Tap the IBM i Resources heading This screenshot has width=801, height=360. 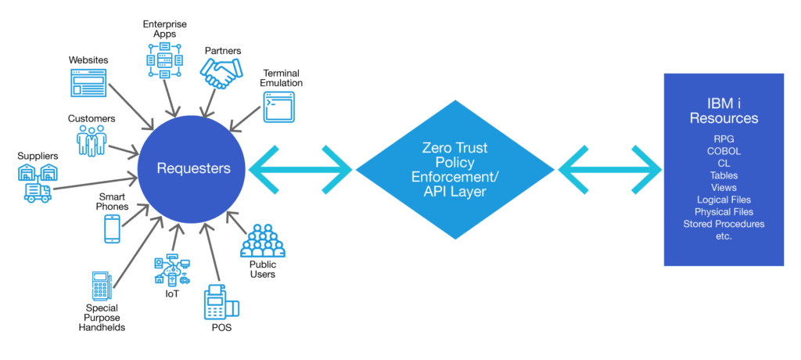(x=724, y=110)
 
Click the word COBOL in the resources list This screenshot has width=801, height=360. (x=724, y=151)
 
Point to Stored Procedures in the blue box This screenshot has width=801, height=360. (x=724, y=224)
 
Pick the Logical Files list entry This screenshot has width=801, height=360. (x=724, y=200)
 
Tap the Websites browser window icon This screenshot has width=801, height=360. (x=88, y=82)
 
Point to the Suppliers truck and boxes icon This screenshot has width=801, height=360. (x=38, y=182)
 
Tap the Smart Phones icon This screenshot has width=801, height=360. (x=112, y=229)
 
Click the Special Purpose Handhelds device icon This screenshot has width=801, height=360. (x=100, y=286)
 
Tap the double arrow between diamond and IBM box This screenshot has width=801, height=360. (x=609, y=168)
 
